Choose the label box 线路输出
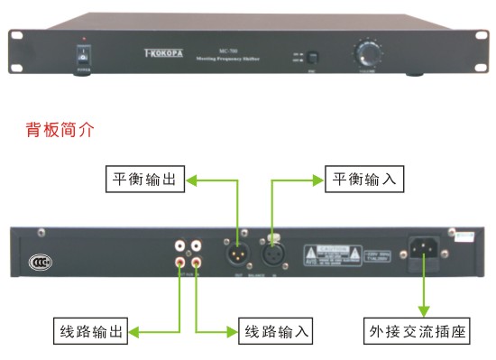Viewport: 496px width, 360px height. pos(87,333)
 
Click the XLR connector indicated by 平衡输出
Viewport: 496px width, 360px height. pos(237,248)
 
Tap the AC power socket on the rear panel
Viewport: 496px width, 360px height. pos(425,248)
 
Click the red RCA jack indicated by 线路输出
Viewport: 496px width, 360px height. pos(179,262)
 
